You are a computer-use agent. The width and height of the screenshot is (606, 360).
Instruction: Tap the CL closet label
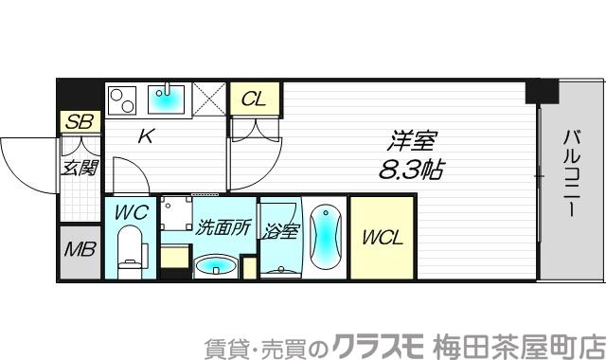253,99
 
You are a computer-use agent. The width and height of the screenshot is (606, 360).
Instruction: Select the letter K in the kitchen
146,136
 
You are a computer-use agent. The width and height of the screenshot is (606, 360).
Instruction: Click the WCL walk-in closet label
382,238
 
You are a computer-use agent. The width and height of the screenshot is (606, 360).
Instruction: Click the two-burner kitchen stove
123,98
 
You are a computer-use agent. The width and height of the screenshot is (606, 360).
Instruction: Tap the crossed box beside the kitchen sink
209,97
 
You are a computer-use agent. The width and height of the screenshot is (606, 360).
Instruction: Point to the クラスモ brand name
381,343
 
